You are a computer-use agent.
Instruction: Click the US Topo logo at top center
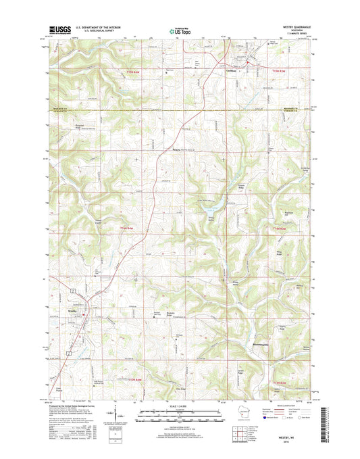(x=179, y=30)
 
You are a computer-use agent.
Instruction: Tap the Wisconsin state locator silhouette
(x=214, y=414)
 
